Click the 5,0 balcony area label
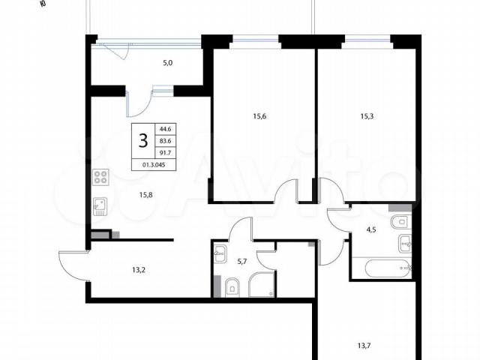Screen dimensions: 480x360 click(x=168, y=63)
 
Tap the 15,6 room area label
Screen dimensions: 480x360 click(x=259, y=116)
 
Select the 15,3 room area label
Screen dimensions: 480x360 click(x=367, y=116)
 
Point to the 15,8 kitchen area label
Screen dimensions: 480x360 click(x=146, y=195)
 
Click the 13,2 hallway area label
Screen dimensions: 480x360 click(x=139, y=270)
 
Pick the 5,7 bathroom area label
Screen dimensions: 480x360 click(x=241, y=262)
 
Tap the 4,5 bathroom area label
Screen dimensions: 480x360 click(x=371, y=230)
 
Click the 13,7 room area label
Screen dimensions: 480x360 click(x=364, y=346)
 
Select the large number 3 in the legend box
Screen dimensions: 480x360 click(x=143, y=141)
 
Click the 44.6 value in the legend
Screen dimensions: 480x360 click(x=166, y=129)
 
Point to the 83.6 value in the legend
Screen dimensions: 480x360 click(x=166, y=141)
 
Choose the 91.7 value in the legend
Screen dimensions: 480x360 click(x=166, y=153)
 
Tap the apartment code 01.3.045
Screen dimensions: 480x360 click(x=154, y=165)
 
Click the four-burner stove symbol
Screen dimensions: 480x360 click(x=100, y=177)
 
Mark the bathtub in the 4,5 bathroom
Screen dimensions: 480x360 click(x=388, y=268)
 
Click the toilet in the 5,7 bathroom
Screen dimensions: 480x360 click(x=232, y=287)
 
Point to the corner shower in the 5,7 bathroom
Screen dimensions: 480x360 click(x=262, y=284)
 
